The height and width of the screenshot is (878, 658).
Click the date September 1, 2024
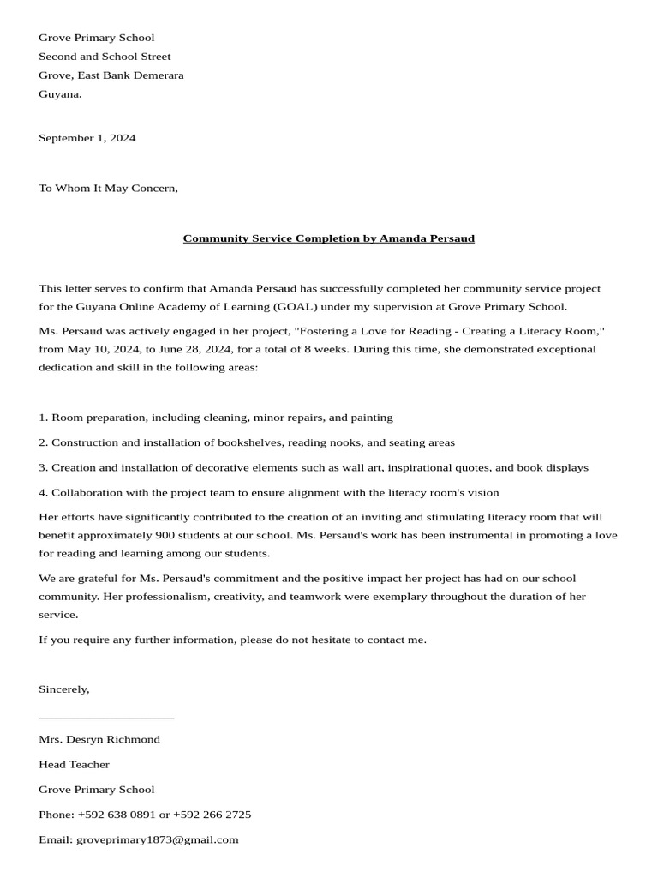pos(87,138)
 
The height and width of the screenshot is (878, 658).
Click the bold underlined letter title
pos(328,238)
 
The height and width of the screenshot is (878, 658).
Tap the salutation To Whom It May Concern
pos(108,188)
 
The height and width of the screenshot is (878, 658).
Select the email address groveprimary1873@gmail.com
pos(157,839)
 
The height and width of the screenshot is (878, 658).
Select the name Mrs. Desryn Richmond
pos(99,739)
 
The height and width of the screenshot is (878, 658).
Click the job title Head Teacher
pos(74,764)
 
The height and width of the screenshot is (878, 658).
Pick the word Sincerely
pos(63,689)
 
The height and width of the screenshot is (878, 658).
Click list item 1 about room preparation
pos(216,418)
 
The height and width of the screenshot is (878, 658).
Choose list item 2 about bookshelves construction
pos(247,442)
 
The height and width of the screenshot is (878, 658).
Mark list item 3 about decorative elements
pos(314,468)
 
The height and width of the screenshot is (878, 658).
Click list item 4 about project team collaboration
pos(269,493)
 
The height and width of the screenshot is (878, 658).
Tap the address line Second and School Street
pos(105,57)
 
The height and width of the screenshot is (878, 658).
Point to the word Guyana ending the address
pos(60,94)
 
